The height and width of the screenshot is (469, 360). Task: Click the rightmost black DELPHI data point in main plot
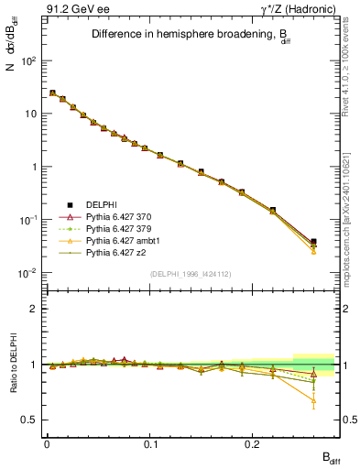click(313, 243)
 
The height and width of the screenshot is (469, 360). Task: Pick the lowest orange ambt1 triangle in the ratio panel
click(313, 400)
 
